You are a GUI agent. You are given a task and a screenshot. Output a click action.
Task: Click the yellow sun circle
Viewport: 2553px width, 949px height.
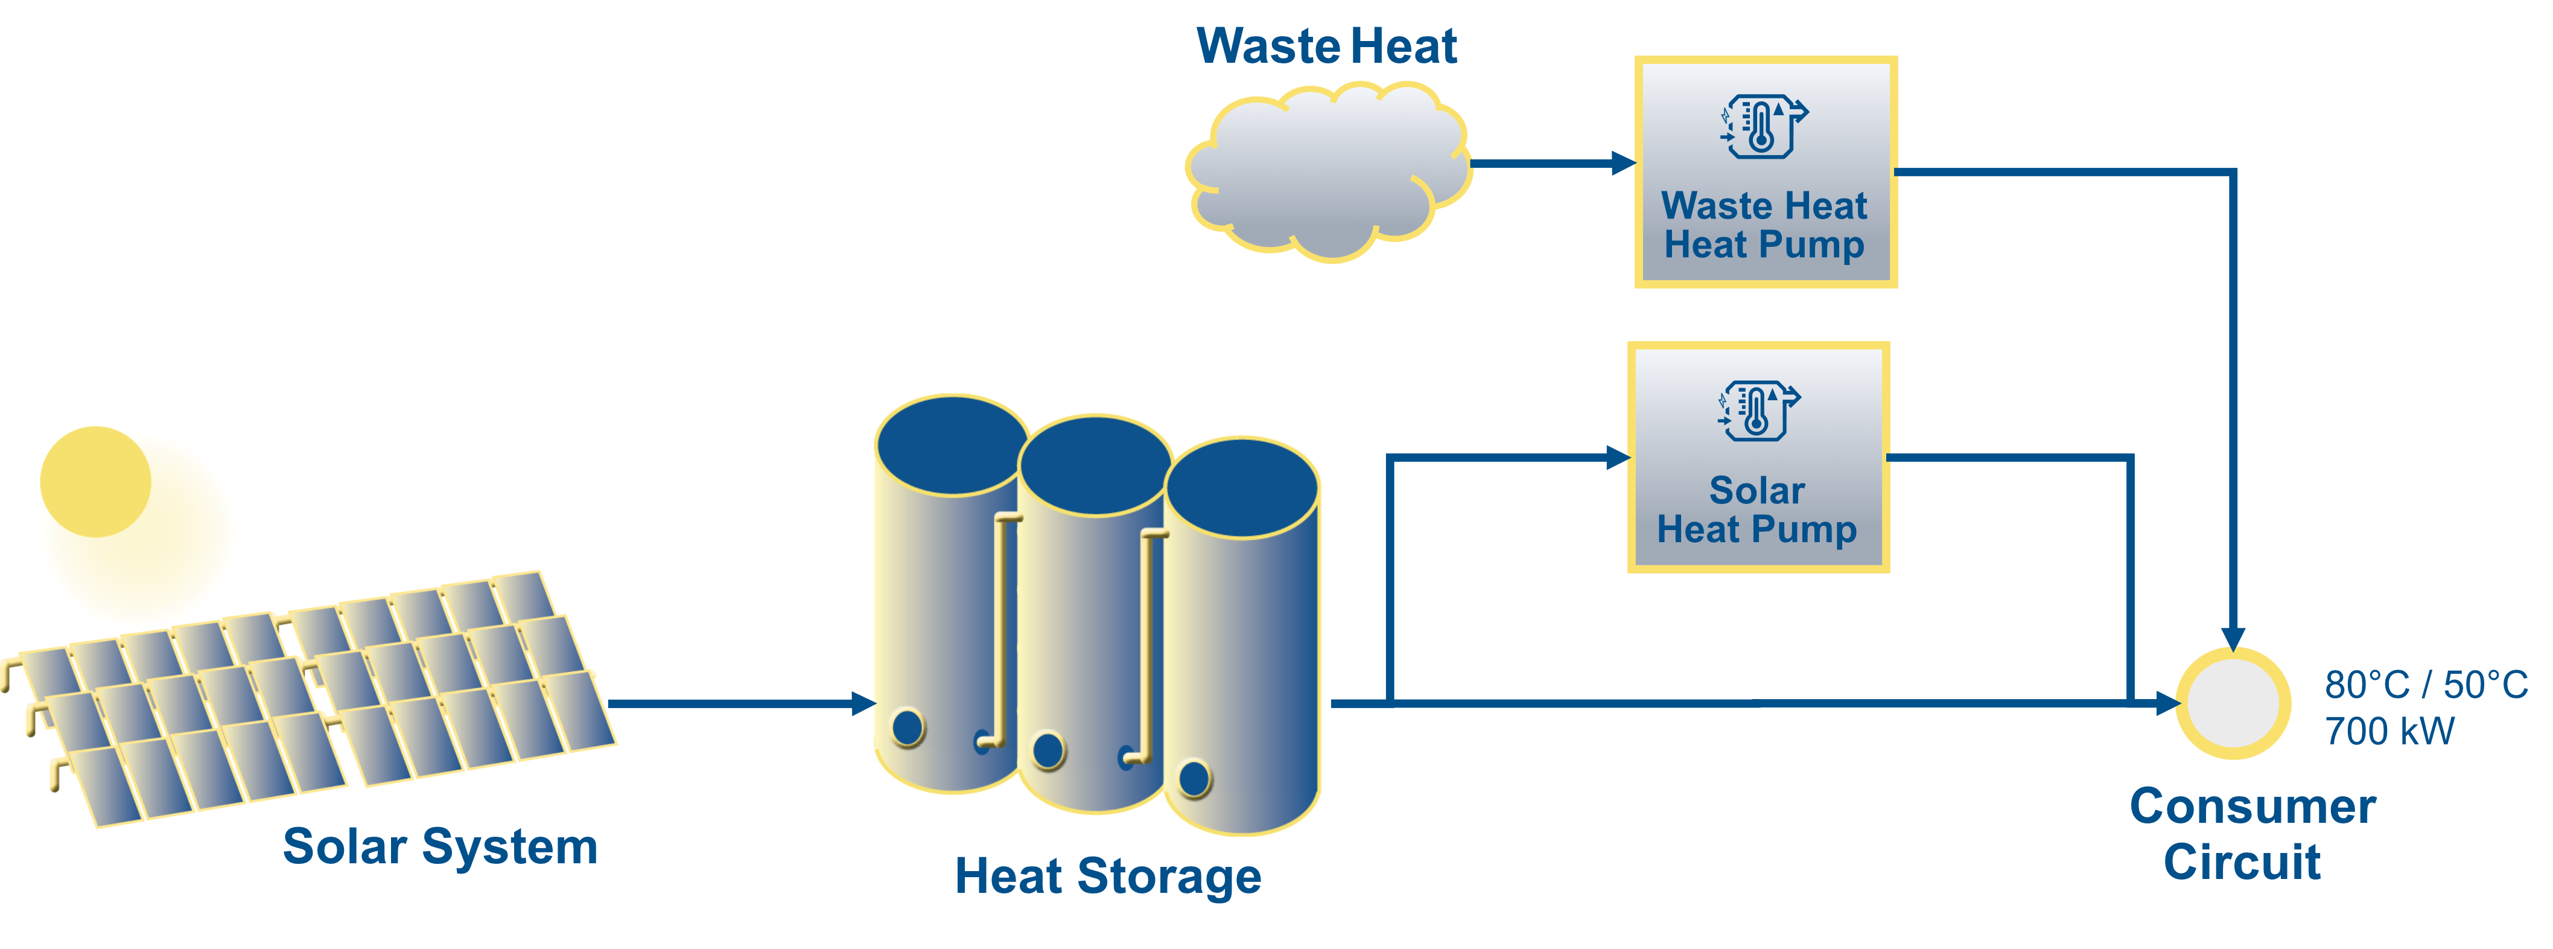pyautogui.click(x=95, y=482)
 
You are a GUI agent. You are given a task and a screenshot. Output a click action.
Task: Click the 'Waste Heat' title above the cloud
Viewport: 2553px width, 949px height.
pyautogui.click(x=1326, y=46)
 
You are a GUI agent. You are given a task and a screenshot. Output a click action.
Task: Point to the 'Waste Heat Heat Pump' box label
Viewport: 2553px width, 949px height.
pyautogui.click(x=1764, y=225)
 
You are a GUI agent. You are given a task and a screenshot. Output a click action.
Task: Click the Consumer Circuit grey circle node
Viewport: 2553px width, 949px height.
pyautogui.click(x=2232, y=703)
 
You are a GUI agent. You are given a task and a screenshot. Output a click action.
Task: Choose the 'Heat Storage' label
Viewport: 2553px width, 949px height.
pyautogui.click(x=1108, y=877)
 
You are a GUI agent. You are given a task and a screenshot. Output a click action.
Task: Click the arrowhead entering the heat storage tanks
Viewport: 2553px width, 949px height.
pyautogui.click(x=863, y=704)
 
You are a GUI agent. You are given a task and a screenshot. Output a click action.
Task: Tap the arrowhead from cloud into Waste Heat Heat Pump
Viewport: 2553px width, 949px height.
pyautogui.click(x=1623, y=164)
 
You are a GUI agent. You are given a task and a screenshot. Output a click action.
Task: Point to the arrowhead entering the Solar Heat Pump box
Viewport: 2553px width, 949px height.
pyautogui.click(x=1618, y=457)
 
